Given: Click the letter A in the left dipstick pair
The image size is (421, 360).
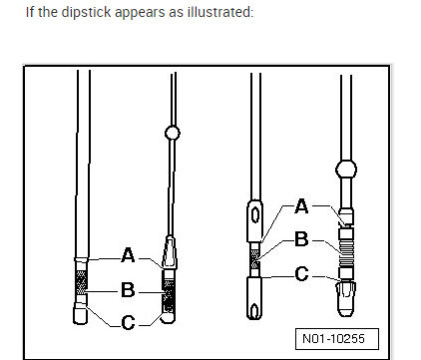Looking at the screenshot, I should pyautogui.click(x=128, y=255).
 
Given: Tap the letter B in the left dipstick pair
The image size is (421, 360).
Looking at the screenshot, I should pyautogui.click(x=128, y=289).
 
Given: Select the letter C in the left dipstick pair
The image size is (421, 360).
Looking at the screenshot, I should pyautogui.click(x=128, y=322).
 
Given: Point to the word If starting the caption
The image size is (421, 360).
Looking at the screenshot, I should pyautogui.click(x=31, y=12).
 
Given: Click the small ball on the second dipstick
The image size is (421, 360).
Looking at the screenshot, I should pyautogui.click(x=171, y=132).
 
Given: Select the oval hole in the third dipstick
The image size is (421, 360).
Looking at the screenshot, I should pyautogui.click(x=254, y=212).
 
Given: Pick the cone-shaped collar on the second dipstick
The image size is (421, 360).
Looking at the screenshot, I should pyautogui.click(x=170, y=252).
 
